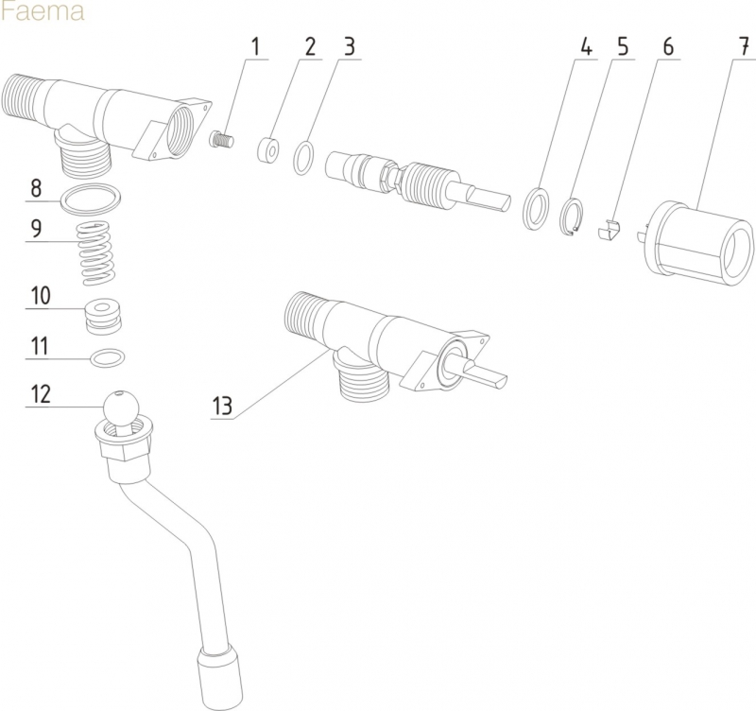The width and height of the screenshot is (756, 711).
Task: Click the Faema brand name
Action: pyautogui.click(x=43, y=12)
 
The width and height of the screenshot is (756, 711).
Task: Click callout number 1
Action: pyautogui.click(x=254, y=46)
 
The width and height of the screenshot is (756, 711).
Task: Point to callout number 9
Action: pyautogui.click(x=37, y=228)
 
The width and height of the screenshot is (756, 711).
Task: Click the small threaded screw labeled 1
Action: pyautogui.click(x=220, y=142)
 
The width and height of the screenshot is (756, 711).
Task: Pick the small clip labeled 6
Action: pyautogui.click(x=611, y=230)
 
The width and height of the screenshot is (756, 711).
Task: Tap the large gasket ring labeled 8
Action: pyautogui.click(x=91, y=199)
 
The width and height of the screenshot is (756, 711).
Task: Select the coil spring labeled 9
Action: pyautogui.click(x=96, y=252)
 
